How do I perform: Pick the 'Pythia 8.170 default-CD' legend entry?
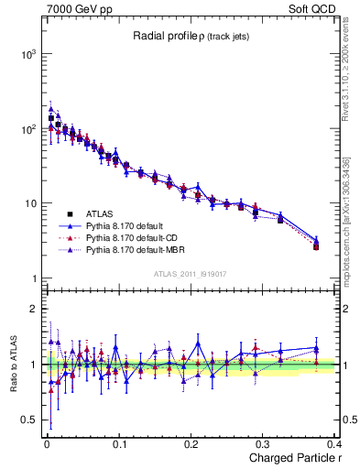tap(135, 238)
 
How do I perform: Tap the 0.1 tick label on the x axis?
tap(119, 443)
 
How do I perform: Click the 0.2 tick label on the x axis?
tap(192, 443)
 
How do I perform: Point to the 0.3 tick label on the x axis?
tap(265, 443)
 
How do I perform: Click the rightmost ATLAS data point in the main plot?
tap(315, 246)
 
